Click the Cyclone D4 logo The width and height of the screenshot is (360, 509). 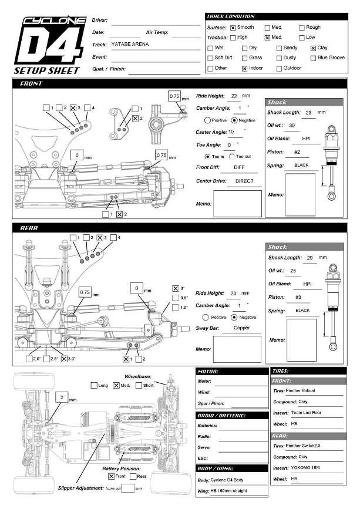[51, 41]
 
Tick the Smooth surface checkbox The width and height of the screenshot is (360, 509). [233, 28]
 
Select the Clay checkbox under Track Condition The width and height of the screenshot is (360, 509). [313, 48]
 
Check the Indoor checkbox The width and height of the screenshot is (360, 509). [245, 69]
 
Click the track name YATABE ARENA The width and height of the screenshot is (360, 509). [130, 44]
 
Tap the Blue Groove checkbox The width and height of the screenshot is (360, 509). [313, 58]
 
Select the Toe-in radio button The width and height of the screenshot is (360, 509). [207, 157]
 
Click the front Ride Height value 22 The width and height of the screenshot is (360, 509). [234, 96]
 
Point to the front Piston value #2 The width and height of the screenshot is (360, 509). [297, 152]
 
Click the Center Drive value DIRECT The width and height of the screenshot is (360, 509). [244, 181]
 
